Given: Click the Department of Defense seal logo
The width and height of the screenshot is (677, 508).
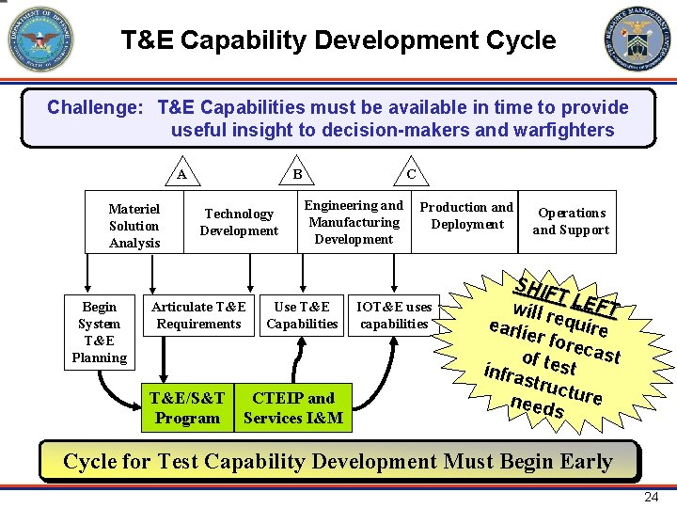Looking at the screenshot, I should pyautogui.click(x=40, y=40).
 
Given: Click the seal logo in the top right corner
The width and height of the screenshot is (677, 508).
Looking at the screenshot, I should pyautogui.click(x=637, y=40).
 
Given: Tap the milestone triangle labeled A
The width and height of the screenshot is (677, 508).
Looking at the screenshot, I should pyautogui.click(x=181, y=173).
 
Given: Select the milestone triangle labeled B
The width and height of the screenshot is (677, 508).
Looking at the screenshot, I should pyautogui.click(x=296, y=173).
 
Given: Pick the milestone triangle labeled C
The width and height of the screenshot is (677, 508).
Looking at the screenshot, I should pyautogui.click(x=411, y=173).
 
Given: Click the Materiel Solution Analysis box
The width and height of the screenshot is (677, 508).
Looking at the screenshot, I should pyautogui.click(x=134, y=226).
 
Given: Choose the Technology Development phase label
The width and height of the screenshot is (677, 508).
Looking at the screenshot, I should pyautogui.click(x=239, y=223).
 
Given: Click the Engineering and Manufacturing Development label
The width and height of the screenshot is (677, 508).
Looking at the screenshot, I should pyautogui.click(x=354, y=222).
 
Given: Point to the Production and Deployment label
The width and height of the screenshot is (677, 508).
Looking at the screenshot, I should pyautogui.click(x=466, y=215).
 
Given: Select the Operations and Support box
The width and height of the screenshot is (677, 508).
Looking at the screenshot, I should pyautogui.click(x=571, y=222).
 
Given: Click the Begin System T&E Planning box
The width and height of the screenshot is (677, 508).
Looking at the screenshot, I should pyautogui.click(x=99, y=332).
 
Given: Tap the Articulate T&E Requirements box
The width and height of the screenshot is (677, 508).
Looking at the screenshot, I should pyautogui.click(x=198, y=315).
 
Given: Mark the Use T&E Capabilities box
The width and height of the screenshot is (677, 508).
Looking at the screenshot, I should pyautogui.click(x=302, y=315).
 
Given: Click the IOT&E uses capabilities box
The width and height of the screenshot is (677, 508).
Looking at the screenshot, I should pyautogui.click(x=394, y=315).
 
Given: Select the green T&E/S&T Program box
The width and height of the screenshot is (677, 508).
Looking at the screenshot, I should pyautogui.click(x=186, y=408).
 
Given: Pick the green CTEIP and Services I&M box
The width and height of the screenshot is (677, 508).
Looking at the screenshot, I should pyautogui.click(x=293, y=408).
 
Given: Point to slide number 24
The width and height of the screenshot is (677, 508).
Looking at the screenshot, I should pyautogui.click(x=650, y=496).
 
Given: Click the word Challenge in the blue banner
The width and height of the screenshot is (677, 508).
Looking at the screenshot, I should pyautogui.click(x=95, y=107).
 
